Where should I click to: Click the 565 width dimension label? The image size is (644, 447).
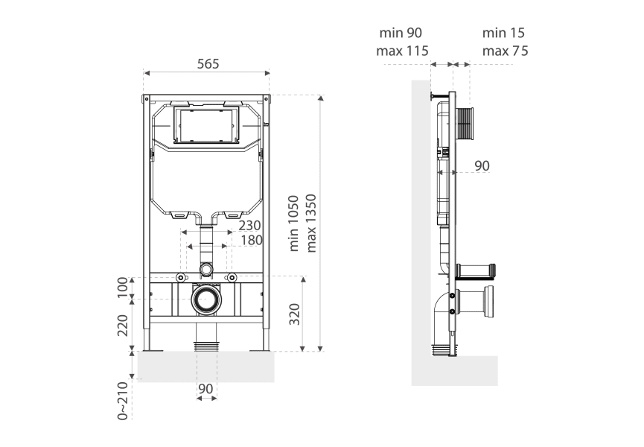click(x=208, y=64)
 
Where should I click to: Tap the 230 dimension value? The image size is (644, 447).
click(x=249, y=226)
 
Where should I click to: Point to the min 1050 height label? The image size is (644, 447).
click(x=293, y=223)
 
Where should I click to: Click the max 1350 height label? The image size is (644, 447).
click(x=311, y=223)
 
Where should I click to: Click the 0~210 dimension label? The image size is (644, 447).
click(x=124, y=400)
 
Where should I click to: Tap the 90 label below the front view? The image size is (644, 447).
click(x=206, y=388)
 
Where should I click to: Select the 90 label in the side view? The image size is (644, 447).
click(x=482, y=166)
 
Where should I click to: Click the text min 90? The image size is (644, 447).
click(x=401, y=33)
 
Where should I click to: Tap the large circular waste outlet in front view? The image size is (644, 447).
click(x=206, y=300)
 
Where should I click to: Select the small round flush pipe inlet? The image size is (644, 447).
click(x=206, y=267)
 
